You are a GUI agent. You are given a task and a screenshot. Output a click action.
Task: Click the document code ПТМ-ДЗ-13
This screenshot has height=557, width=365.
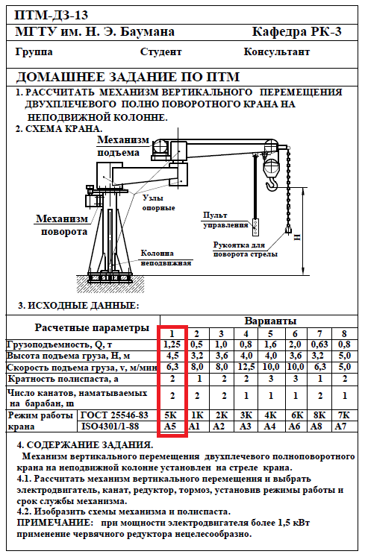point(51,15)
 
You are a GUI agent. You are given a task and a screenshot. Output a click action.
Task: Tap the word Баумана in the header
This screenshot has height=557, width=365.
point(147,32)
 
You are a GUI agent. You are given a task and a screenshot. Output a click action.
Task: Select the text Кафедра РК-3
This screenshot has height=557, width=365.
point(296,32)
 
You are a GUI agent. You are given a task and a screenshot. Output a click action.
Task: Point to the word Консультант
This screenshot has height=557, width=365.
point(276,52)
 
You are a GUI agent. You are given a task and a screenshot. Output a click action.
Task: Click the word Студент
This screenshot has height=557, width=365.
point(160,52)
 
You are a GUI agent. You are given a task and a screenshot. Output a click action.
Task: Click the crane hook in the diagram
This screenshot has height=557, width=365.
point(272,185)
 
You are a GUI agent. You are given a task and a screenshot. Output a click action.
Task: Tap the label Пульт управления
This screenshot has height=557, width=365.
point(225,220)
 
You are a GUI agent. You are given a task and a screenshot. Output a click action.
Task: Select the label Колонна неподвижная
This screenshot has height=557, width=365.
point(166,258)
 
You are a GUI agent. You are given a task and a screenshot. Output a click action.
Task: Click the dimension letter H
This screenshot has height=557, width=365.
point(297,237)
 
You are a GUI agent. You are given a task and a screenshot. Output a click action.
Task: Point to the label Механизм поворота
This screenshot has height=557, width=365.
point(62,225)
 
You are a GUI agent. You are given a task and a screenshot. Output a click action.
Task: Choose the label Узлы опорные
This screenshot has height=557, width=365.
point(158,203)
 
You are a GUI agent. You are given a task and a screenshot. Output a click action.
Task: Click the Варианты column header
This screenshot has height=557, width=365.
point(270,321)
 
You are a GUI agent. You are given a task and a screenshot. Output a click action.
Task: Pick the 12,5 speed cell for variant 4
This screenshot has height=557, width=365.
point(246,367)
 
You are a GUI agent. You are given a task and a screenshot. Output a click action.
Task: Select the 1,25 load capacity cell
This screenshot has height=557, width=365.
point(172,344)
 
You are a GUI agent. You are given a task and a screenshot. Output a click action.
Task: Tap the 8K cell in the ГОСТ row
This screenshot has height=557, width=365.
point(319,415)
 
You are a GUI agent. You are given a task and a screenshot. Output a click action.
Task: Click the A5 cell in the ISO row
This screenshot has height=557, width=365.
point(170,426)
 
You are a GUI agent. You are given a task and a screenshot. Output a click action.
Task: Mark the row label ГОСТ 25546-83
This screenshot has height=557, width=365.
point(114,415)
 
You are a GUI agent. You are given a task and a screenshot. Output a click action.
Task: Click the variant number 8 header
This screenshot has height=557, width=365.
point(344,333)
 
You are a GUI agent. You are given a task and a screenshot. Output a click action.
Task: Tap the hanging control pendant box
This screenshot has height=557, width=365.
point(255,227)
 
